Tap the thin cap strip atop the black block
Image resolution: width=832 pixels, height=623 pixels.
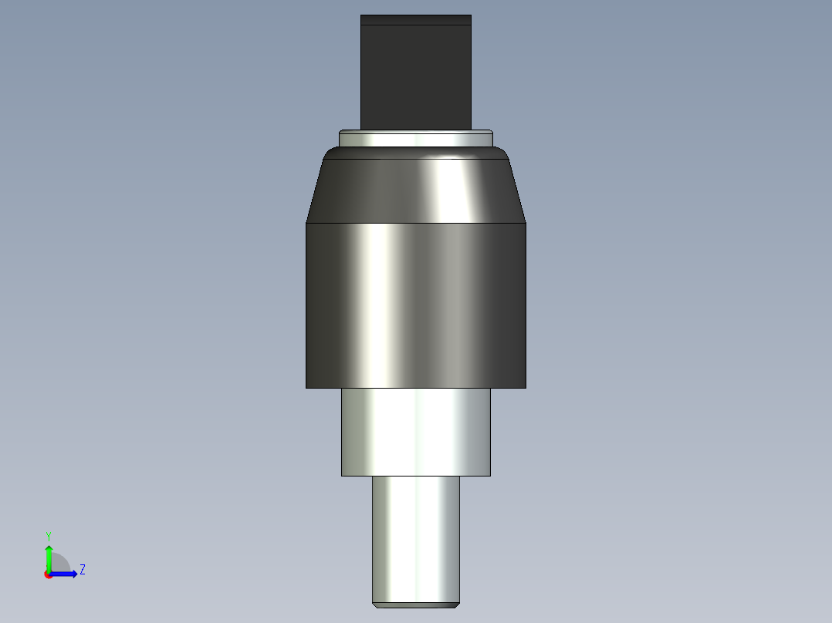point(416,20)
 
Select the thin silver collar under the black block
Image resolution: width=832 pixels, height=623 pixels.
point(416,139)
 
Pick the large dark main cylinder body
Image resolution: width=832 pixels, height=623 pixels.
point(416,305)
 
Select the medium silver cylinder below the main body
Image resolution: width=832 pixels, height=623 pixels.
point(416,432)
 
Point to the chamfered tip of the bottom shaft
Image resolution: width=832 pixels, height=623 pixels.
point(416,604)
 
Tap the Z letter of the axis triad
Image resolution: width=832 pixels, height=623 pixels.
point(83,570)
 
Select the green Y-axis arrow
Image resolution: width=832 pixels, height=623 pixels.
point(49,555)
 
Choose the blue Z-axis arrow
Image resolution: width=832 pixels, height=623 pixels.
point(66,574)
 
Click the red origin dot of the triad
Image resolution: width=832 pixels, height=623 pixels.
point(49,574)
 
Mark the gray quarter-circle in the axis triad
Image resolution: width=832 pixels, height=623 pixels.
point(59,564)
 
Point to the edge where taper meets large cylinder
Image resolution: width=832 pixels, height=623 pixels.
point(416,224)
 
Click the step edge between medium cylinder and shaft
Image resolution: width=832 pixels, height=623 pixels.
point(416,476)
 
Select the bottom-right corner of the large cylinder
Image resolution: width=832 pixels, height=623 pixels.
point(525,386)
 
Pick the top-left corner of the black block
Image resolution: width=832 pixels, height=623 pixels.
point(362,16)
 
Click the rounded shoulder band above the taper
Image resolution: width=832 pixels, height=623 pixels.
point(416,153)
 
